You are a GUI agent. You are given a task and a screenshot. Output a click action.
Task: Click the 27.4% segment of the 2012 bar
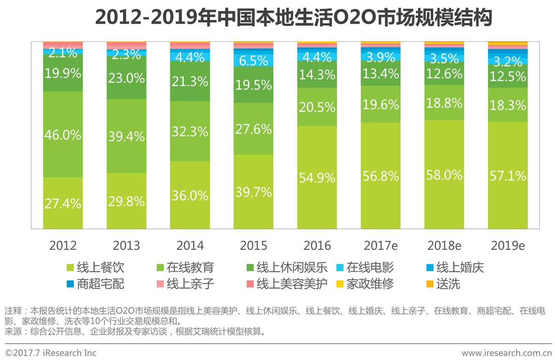[x=63, y=203]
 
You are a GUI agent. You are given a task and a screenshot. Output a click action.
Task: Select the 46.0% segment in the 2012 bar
[x=63, y=135]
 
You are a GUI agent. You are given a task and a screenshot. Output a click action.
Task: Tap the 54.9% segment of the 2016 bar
[x=317, y=177]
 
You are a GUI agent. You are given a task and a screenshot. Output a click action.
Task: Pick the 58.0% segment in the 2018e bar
[x=444, y=175]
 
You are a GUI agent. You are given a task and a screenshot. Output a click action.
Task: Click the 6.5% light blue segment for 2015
[x=253, y=60]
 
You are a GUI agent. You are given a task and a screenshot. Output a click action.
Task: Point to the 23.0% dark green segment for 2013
[x=126, y=78]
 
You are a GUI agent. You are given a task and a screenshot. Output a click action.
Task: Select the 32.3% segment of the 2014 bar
[x=190, y=131]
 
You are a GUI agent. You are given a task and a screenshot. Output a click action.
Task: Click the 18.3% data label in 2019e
[x=507, y=105]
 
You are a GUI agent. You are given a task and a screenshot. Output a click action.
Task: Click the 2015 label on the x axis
[x=253, y=245]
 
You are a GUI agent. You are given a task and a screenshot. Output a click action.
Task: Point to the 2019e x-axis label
[x=507, y=245]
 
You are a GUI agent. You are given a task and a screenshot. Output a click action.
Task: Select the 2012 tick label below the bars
[x=63, y=245]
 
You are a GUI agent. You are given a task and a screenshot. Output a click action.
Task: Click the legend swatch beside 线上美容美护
[x=250, y=284]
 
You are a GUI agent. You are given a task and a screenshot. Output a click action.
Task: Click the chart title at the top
[x=294, y=18]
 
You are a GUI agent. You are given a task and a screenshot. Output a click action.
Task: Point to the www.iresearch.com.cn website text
[x=506, y=353]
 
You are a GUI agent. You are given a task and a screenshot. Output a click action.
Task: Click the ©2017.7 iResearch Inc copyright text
[x=51, y=353]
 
